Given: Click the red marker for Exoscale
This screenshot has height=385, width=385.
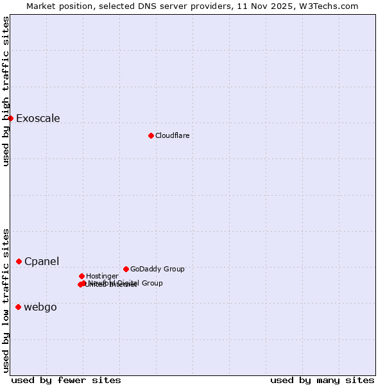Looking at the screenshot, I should click(10, 118).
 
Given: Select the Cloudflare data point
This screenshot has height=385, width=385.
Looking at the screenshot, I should click(151, 135).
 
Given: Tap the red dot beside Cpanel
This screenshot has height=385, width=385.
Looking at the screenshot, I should click(19, 261).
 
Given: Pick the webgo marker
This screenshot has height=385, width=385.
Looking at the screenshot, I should click(18, 307).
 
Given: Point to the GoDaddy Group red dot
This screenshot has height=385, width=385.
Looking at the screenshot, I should click(126, 269).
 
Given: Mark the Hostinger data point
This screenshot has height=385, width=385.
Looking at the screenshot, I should click(81, 276).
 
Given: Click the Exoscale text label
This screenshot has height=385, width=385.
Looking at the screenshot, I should click(38, 118).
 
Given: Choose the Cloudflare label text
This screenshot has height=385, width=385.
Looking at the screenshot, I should click(172, 135).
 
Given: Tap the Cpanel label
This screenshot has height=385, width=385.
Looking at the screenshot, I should click(42, 261).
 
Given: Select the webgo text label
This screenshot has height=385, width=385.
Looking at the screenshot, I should click(40, 307).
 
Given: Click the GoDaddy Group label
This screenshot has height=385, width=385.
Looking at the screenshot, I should click(157, 269).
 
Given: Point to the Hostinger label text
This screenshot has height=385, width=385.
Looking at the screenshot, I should click(102, 276).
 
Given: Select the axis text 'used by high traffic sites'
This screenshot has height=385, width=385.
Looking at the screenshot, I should click(6, 91).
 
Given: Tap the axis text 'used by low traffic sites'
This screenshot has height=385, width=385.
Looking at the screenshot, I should click(6, 300).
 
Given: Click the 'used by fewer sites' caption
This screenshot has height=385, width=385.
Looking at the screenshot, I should click(66, 380).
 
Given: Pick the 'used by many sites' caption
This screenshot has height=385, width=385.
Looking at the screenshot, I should click(322, 380).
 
